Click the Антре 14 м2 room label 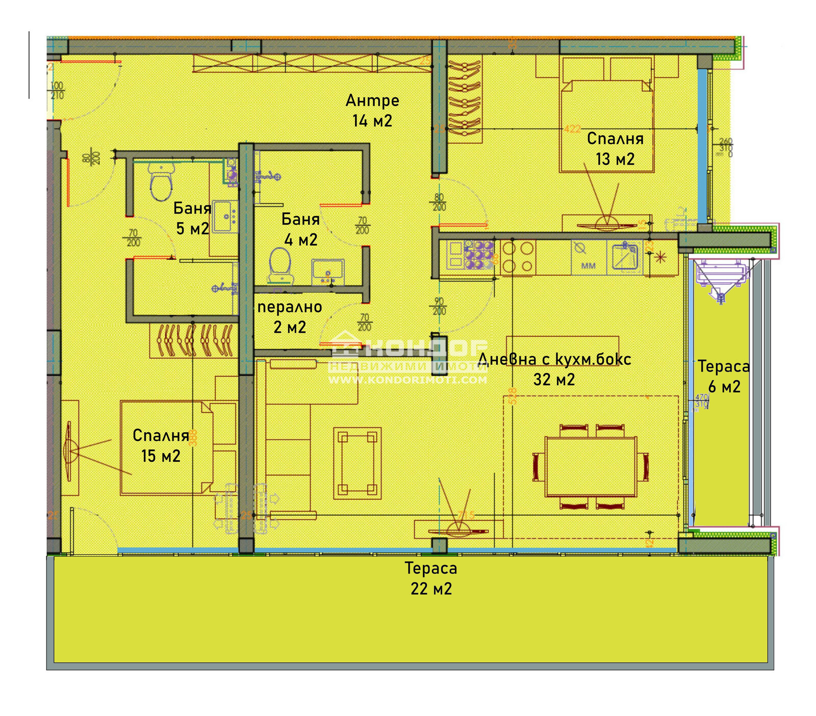click(x=372, y=110)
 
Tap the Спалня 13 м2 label click(x=615, y=148)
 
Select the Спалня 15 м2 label click(x=161, y=445)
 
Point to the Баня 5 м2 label click(x=192, y=218)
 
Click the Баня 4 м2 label click(x=300, y=229)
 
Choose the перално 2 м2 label click(x=290, y=316)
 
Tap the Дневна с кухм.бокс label click(x=554, y=359)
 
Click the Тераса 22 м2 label click(x=431, y=578)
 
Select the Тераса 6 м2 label click(x=724, y=376)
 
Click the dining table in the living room click(x=591, y=466)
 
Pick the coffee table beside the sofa click(x=358, y=463)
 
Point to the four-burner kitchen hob click(x=518, y=257)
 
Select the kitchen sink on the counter click(x=624, y=257)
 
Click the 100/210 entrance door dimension click(x=57, y=91)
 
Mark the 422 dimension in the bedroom click(x=572, y=129)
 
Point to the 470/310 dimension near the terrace click(x=702, y=401)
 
